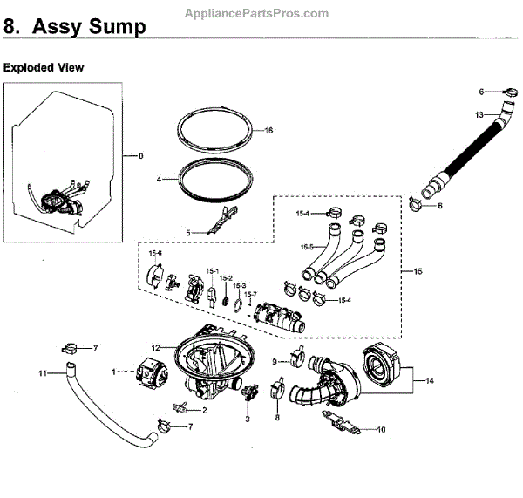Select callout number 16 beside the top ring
[x=268, y=130]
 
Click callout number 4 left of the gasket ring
[x=160, y=179]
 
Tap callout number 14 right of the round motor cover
[x=430, y=381]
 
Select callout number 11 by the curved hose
[x=41, y=373]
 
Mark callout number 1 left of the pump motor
[x=113, y=372]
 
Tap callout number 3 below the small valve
[x=247, y=420]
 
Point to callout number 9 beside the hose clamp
[x=275, y=360]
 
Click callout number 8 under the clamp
[x=277, y=418]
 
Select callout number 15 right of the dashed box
[x=418, y=272]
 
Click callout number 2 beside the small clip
[x=204, y=409]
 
